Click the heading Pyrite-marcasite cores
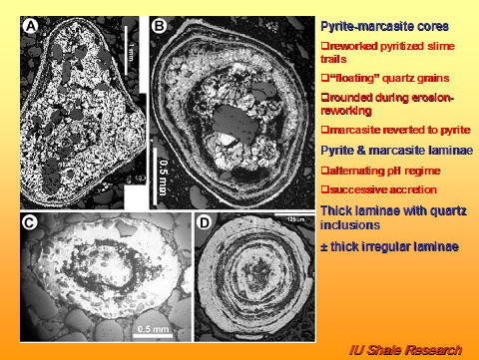(377, 24)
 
